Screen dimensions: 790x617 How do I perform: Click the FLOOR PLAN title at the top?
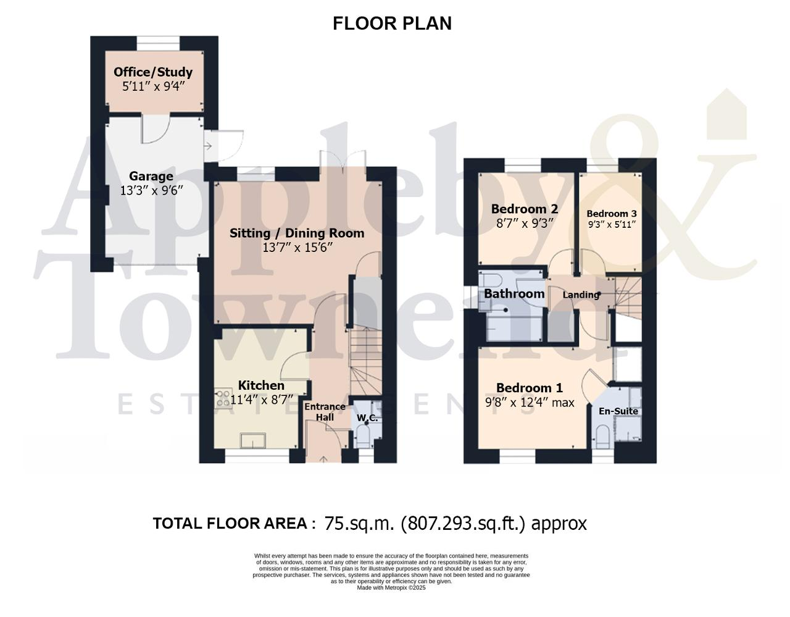[392, 23]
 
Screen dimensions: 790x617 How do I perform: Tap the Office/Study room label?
[153, 72]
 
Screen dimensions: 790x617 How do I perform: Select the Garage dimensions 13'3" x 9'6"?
[151, 190]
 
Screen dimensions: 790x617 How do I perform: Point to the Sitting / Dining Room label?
[297, 233]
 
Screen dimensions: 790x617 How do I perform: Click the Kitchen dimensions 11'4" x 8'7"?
[262, 400]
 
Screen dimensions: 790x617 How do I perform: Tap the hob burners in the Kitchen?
[222, 398]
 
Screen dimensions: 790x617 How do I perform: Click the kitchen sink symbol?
[253, 440]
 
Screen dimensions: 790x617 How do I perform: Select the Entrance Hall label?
[325, 411]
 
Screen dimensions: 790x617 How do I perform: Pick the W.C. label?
[367, 418]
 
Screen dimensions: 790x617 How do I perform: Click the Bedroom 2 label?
[524, 209]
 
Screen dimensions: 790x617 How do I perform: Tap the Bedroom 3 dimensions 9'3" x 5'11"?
[612, 224]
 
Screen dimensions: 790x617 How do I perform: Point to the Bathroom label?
[514, 293]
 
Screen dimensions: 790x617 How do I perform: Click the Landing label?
[581, 295]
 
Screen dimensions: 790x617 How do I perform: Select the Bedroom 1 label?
[530, 388]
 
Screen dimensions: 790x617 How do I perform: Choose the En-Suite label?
[618, 411]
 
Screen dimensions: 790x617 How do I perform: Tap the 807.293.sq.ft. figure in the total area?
[463, 524]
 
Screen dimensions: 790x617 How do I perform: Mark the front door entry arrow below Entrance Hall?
[323, 460]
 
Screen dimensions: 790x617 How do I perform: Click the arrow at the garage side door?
[208, 146]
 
